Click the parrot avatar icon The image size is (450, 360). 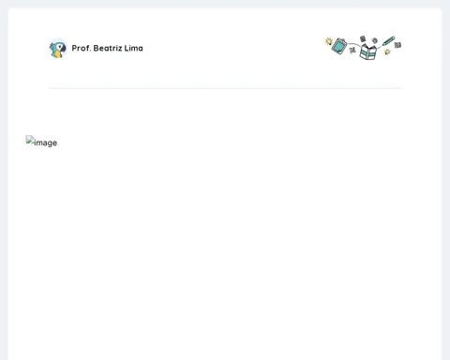click(58, 49)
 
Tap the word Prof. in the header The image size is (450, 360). click(82, 48)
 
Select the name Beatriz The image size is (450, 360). click(108, 48)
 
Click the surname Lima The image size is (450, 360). click(134, 48)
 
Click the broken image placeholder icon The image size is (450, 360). click(30, 140)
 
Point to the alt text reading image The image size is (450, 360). click(46, 142)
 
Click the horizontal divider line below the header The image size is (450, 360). click(225, 88)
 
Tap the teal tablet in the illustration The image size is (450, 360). click(339, 46)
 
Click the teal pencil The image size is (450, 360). click(389, 41)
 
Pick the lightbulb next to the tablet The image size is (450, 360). click(329, 41)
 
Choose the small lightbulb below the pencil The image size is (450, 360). click(387, 52)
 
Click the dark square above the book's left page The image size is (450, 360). click(363, 38)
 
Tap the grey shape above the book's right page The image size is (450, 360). click(375, 40)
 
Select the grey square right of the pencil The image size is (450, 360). click(397, 45)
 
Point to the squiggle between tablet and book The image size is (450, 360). click(352, 50)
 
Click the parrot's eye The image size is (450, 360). click(60, 47)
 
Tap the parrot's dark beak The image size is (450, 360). click(63, 49)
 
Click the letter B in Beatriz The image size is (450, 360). click(96, 48)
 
